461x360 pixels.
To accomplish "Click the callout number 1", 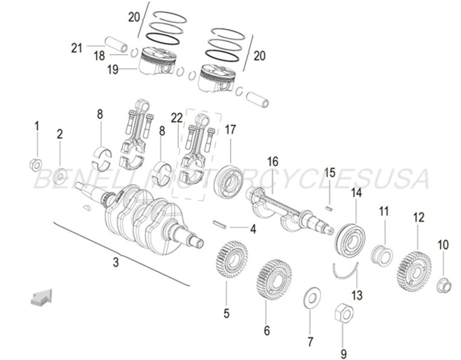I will [36, 127].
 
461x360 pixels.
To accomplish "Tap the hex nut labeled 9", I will [343, 313].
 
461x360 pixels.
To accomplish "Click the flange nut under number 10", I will [444, 284].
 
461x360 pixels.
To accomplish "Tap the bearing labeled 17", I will [229, 181].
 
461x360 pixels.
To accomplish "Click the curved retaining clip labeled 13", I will [345, 270].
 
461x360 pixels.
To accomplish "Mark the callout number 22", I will [177, 119].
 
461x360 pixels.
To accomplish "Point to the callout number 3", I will [115, 262].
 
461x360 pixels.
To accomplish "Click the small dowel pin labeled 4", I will [220, 225].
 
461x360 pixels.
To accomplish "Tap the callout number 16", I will [272, 162].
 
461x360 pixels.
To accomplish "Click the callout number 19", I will [113, 70].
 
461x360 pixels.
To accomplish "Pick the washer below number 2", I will [60, 177].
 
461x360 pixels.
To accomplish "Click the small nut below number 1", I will [36, 164].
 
